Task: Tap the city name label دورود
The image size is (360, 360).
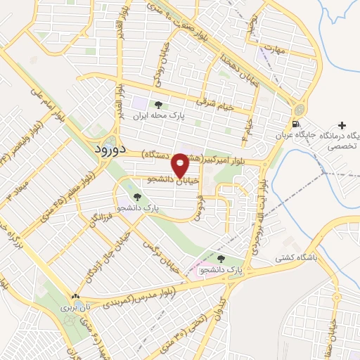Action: [109, 148]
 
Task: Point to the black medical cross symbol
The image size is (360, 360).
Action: [342, 124]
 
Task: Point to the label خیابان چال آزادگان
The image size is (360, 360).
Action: [101, 266]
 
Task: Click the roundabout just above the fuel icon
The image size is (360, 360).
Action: [299, 110]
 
